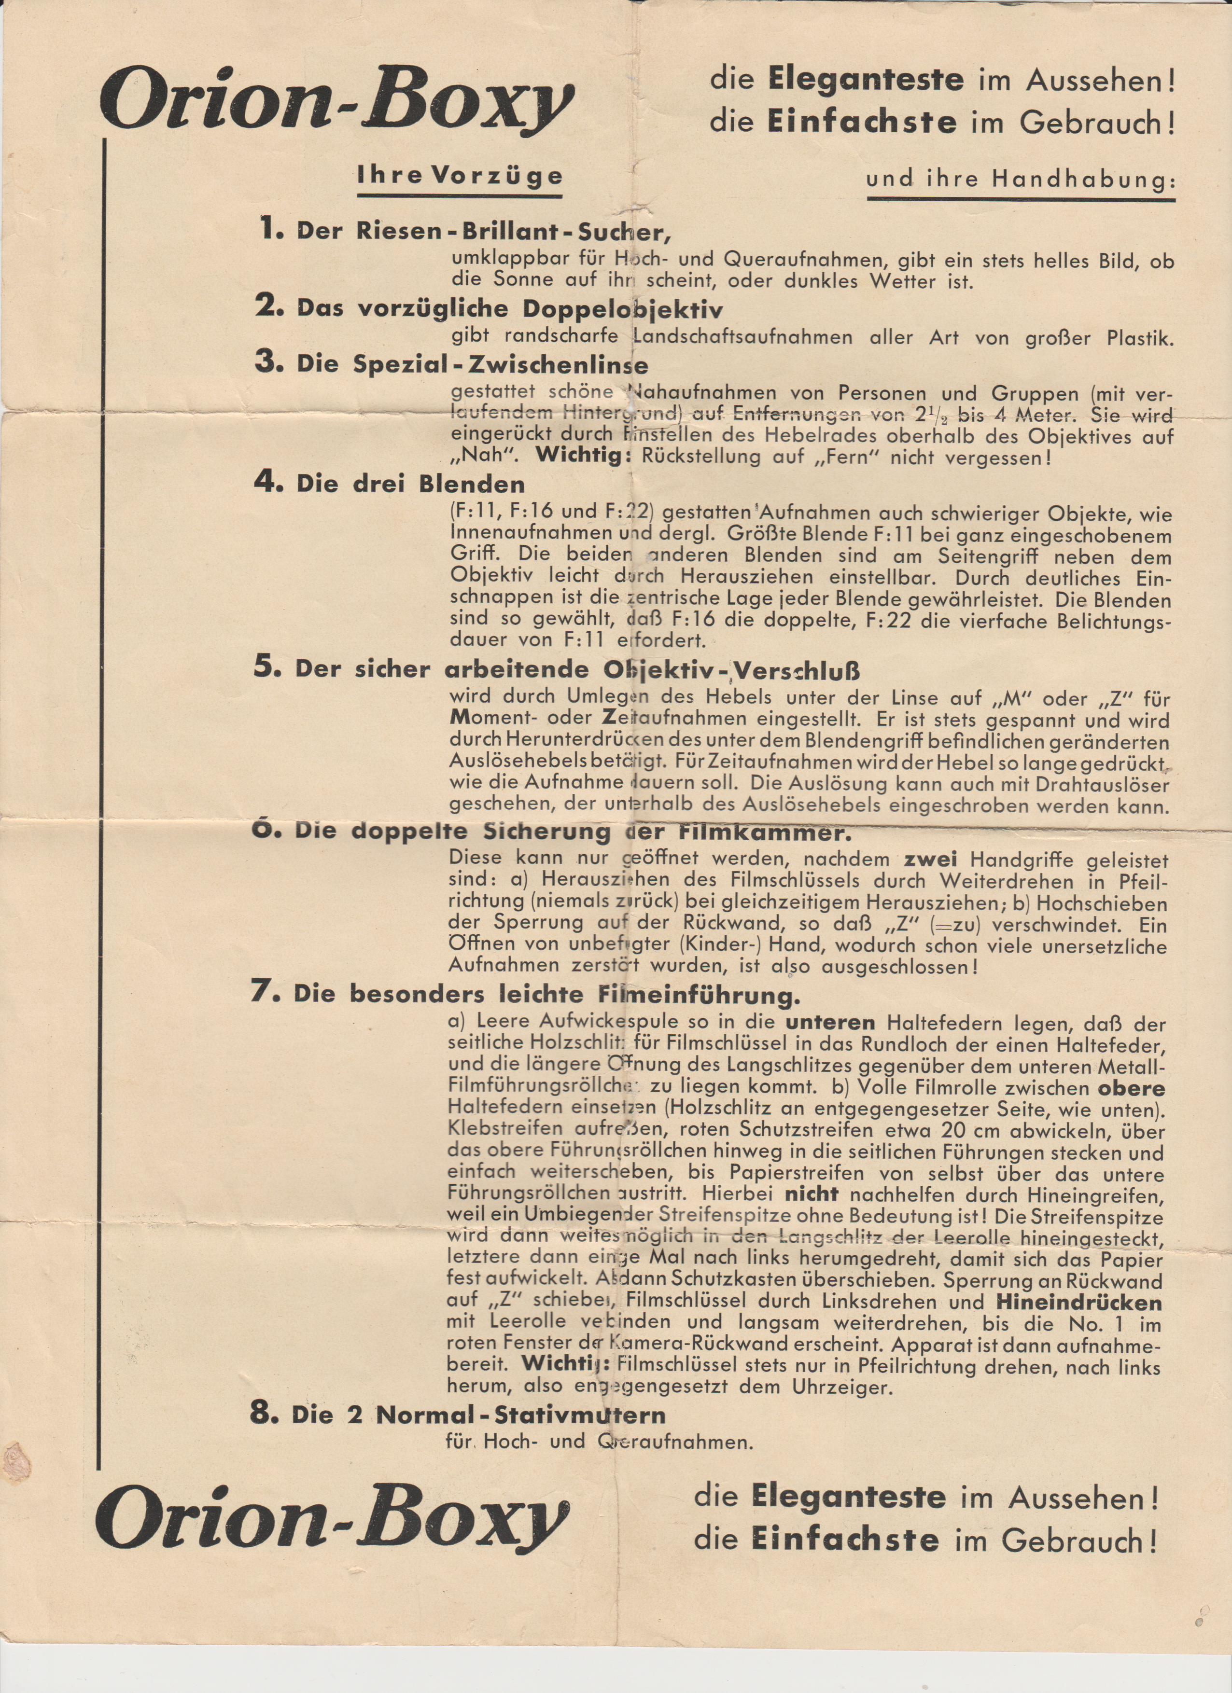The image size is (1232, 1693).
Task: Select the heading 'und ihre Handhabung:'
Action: (1020, 180)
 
